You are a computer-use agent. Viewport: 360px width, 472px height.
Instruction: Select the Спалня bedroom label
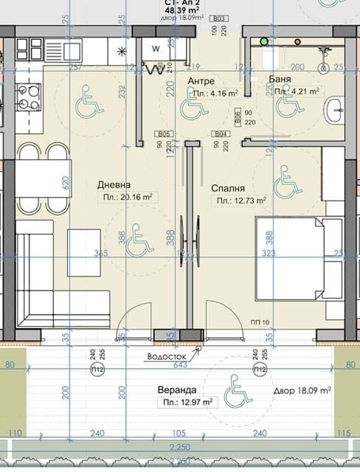coord(228,188)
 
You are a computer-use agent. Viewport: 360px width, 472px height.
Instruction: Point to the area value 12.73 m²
coord(240,200)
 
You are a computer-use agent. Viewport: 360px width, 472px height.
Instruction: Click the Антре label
coord(201,80)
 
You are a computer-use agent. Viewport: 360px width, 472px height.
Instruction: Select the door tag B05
coord(164,133)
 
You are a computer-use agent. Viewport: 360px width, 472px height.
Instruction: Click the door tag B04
coord(219,133)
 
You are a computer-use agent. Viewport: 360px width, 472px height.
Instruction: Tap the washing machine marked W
coord(156,49)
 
